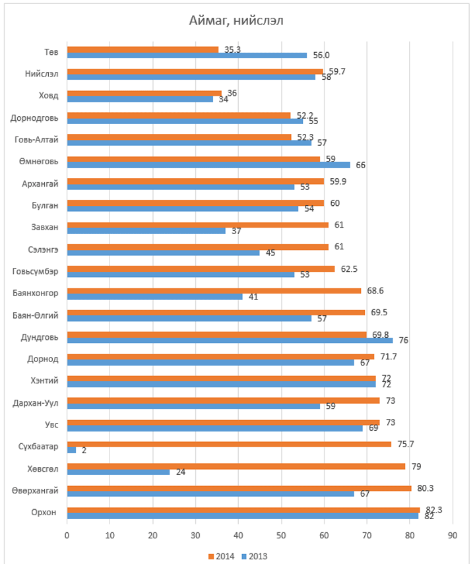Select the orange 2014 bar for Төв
(142, 49)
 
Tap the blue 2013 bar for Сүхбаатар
(71, 450)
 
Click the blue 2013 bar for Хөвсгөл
(118, 472)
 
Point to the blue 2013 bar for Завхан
(146, 231)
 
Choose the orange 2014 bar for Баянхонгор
(214, 291)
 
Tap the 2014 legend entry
(224, 555)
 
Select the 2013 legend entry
(255, 555)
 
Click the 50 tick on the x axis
(281, 535)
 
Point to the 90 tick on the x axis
(452, 535)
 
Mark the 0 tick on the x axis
(67, 535)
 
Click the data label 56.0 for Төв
(321, 56)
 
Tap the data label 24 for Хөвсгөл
(181, 472)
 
